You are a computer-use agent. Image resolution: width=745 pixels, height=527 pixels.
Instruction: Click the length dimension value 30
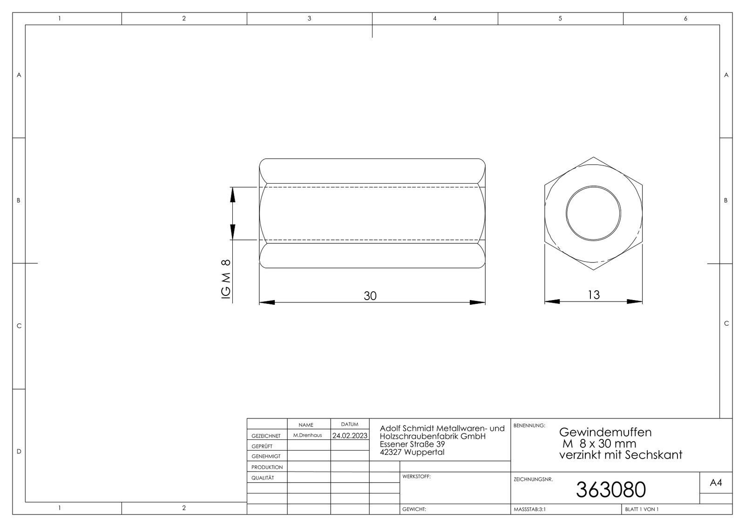click(370, 296)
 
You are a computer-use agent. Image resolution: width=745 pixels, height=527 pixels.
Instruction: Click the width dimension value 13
click(594, 295)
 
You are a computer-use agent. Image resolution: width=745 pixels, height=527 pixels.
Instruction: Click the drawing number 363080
click(610, 490)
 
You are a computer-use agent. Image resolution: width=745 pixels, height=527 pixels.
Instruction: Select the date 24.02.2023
click(350, 436)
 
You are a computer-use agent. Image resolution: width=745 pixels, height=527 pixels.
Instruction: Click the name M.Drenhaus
click(307, 435)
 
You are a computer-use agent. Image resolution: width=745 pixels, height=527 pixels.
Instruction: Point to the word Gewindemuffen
click(605, 432)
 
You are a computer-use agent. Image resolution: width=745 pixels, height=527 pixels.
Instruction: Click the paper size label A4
click(716, 483)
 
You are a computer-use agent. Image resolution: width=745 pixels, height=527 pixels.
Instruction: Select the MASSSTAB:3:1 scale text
click(529, 509)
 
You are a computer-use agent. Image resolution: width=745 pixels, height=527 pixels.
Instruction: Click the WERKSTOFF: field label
click(416, 477)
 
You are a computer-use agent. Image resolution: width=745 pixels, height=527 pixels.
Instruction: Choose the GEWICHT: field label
click(414, 510)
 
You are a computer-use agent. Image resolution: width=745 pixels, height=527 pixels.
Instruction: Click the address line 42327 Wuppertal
click(412, 452)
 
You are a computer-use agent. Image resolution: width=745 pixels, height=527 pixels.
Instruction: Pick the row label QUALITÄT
click(263, 478)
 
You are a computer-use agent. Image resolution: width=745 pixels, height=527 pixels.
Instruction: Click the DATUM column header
click(350, 424)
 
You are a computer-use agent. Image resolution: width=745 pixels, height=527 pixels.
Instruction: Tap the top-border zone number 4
click(434, 19)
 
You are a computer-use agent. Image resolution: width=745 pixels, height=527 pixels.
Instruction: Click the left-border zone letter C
click(19, 326)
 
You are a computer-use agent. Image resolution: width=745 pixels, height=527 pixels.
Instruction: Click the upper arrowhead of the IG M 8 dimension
click(233, 195)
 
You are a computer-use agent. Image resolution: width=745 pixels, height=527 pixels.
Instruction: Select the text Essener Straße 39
click(412, 444)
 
